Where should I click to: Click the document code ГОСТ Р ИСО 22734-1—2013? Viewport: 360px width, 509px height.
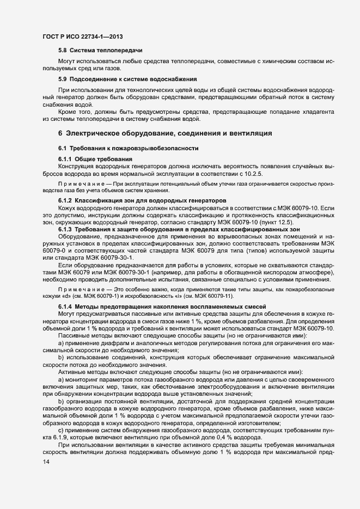pyautogui.click(x=82, y=36)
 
